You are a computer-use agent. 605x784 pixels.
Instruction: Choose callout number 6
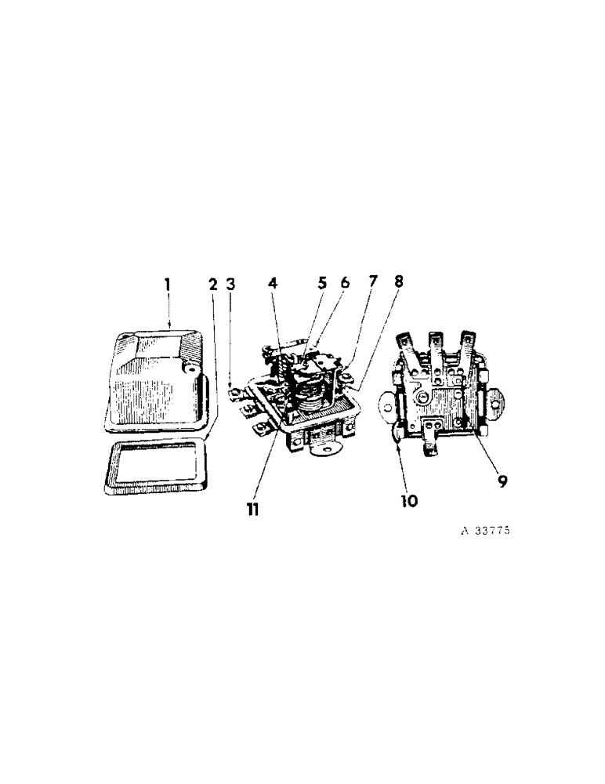coord(344,283)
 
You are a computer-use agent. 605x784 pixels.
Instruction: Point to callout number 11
coord(251,510)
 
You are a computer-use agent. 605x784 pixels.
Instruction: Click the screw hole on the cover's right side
coord(187,366)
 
